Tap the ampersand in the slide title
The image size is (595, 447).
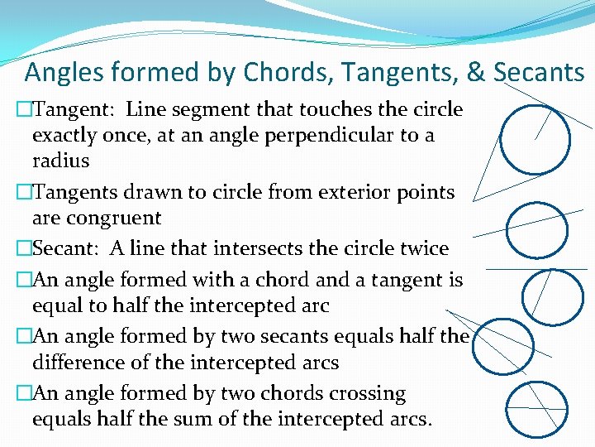pos(476,73)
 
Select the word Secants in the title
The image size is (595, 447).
pos(539,73)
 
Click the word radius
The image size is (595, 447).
pos(60,160)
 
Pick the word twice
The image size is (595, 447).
pos(421,248)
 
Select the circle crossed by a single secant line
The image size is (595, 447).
pos(536,228)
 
